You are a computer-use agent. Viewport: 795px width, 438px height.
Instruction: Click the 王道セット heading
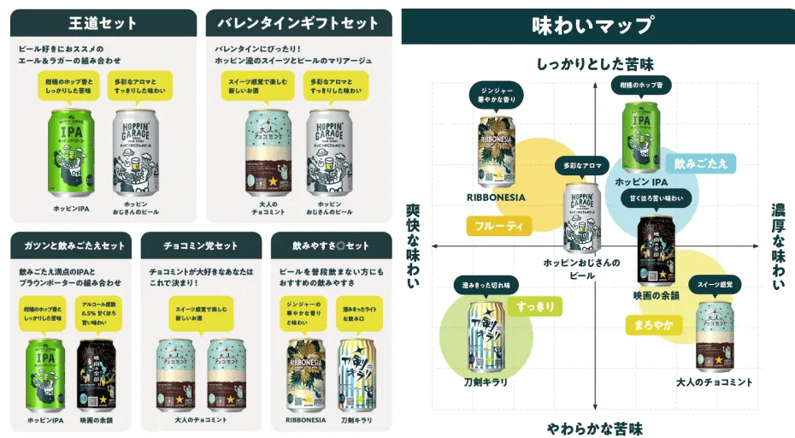(102, 23)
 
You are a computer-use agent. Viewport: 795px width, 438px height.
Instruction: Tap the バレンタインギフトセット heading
(297, 23)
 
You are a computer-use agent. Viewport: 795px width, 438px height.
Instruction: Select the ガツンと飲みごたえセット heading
(70, 246)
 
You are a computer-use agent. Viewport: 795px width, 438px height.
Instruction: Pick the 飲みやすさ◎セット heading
(331, 246)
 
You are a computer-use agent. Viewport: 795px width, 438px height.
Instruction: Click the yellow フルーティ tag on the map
(499, 226)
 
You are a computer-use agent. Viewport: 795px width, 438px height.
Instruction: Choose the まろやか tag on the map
(655, 324)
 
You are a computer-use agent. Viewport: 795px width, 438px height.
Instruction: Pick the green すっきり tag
(535, 305)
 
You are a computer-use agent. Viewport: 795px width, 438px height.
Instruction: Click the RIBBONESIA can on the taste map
(497, 151)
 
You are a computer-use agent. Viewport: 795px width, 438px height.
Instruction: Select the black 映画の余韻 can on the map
(657, 251)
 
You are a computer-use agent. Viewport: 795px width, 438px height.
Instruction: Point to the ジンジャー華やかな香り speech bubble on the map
(497, 94)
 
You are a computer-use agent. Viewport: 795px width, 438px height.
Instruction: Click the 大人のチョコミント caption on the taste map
(714, 382)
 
